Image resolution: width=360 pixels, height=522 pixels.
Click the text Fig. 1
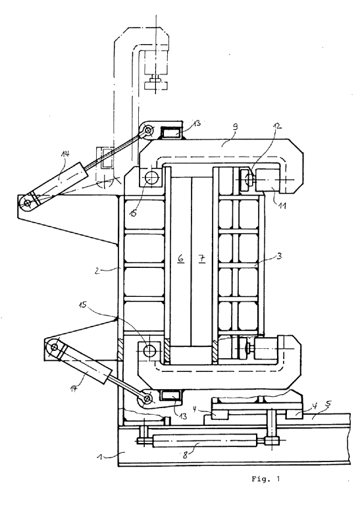[x=265, y=479]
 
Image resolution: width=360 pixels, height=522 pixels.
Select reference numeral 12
[x=277, y=126]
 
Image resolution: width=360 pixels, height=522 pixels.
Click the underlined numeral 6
[x=181, y=258]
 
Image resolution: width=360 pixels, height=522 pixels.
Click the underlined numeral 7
[x=202, y=258]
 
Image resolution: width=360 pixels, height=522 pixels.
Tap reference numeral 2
[x=97, y=271]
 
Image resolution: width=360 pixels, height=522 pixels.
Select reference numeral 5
[x=328, y=404]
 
